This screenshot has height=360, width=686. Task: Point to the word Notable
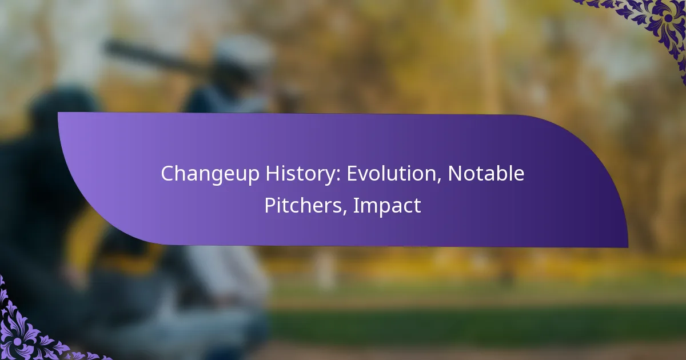click(486, 174)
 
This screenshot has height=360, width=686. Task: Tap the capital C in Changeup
click(167, 174)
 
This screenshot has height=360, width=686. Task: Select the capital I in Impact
click(356, 206)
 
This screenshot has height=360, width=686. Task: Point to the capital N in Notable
click(455, 174)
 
